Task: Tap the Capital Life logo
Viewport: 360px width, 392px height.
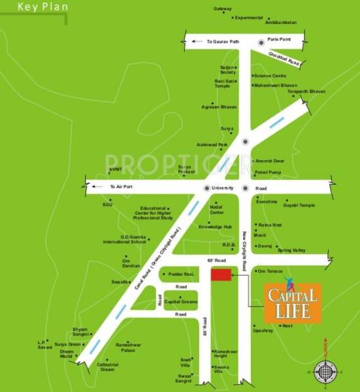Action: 293,303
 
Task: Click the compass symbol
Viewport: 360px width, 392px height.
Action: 324,372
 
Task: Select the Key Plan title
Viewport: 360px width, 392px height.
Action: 36,8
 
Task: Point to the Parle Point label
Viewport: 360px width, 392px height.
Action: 278,39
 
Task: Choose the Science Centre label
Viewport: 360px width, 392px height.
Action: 271,75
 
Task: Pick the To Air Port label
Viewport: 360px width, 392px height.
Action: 120,188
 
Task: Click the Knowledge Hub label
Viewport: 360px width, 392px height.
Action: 215,227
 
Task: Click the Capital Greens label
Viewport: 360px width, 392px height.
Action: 181,301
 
